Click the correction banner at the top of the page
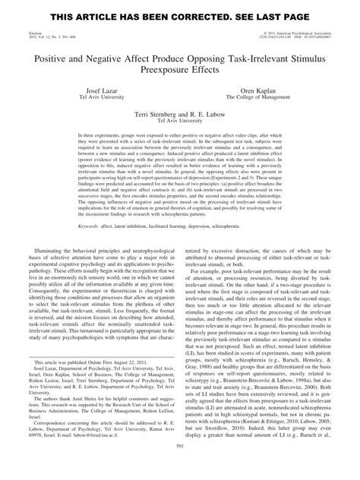click(x=179, y=16)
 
